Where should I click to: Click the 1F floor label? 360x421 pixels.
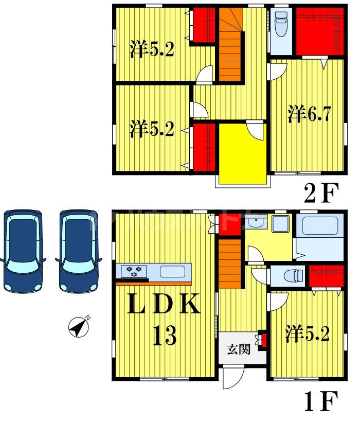coord(321,402)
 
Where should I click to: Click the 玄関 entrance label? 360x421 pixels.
coord(239,350)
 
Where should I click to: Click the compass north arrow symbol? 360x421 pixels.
coord(78,327)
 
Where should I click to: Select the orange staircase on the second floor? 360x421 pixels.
coord(230,46)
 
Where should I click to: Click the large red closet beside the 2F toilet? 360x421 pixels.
coord(319,31)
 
